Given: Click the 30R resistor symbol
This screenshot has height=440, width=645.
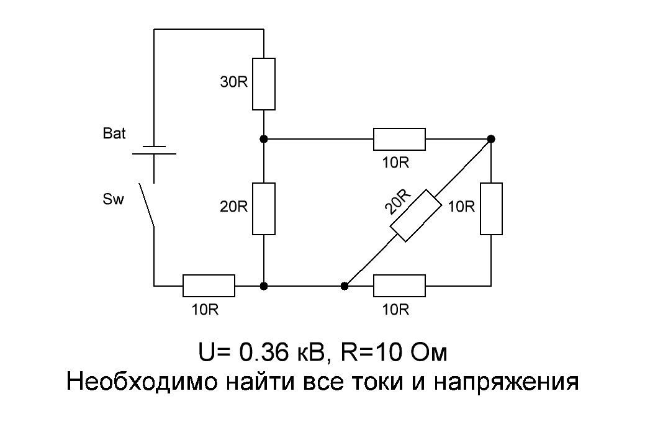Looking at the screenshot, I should [264, 84].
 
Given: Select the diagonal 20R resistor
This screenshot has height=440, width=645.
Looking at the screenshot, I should [415, 215].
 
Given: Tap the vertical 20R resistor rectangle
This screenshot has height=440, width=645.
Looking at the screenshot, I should [264, 209].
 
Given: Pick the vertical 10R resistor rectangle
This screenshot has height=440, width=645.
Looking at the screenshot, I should [491, 209].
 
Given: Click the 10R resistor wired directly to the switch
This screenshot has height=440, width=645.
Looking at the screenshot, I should [209, 286].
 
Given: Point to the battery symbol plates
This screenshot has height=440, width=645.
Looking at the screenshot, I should [153, 150].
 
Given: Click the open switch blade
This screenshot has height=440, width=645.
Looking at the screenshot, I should [147, 204].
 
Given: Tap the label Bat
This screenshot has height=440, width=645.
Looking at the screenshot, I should [114, 133].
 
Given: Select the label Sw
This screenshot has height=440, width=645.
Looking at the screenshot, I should [114, 200].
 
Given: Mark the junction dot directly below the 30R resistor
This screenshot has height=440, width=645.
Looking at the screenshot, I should [264, 138].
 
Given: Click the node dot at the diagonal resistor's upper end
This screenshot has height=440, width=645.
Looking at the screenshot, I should [491, 138].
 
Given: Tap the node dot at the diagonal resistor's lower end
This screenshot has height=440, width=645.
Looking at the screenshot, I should [345, 286].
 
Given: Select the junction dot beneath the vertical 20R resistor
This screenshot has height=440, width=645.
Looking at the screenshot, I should [264, 286].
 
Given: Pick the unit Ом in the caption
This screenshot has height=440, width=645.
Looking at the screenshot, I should [428, 352].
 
